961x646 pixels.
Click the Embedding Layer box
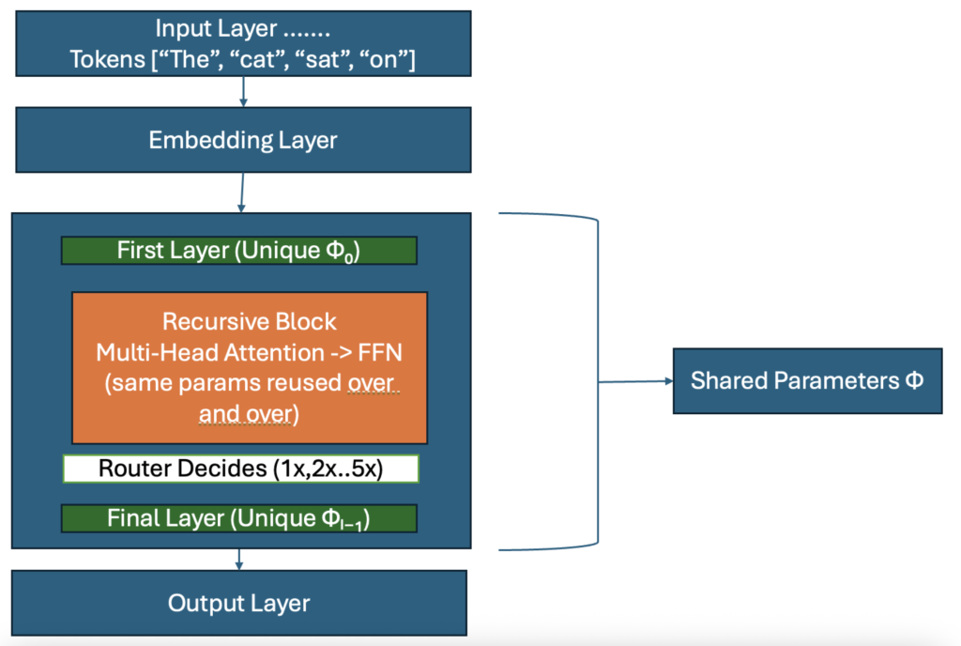point(242,141)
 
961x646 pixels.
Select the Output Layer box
point(238,603)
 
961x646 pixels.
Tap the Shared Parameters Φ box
point(807,380)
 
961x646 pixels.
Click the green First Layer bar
point(238,251)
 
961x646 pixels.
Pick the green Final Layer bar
point(238,517)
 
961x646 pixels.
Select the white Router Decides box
point(240,469)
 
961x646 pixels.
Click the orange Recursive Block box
point(250,366)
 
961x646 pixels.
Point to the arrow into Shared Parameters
point(638,381)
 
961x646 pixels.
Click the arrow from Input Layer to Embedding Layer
point(244,91)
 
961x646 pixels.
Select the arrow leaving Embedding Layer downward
point(242,192)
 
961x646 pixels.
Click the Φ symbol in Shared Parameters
point(913,380)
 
